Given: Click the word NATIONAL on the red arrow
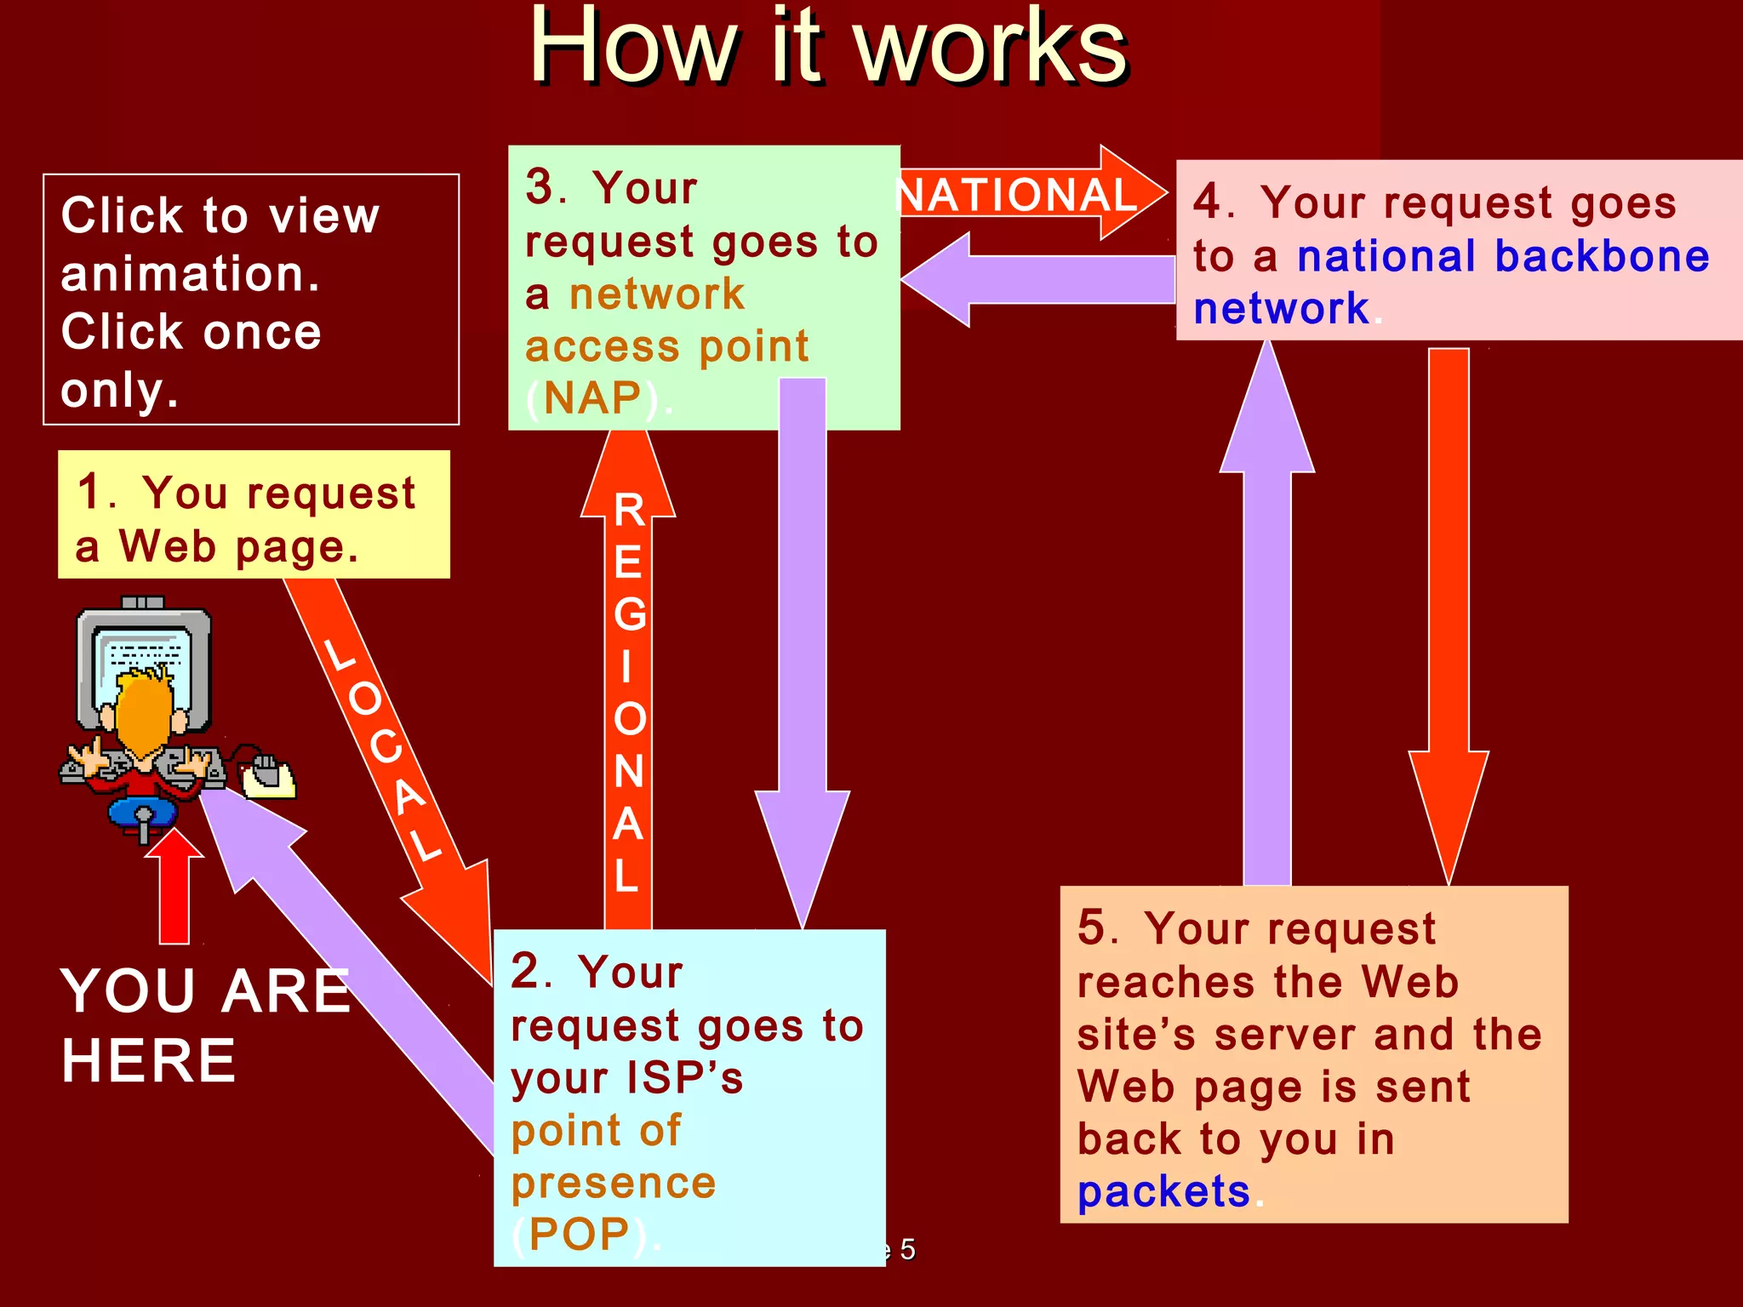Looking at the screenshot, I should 1019,195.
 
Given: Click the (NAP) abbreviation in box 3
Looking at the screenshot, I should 593,398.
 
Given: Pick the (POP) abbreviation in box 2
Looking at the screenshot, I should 580,1234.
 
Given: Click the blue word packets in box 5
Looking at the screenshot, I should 1163,1191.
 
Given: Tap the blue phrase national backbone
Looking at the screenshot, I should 1502,256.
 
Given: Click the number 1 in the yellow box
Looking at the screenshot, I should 90,492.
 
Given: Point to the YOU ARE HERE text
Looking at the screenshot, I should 204,1025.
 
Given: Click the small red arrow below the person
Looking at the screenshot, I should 174,889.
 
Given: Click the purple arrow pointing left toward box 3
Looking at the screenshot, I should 1038,279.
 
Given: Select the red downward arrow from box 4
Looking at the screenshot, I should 1449,613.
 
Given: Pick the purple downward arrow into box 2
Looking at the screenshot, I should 803,647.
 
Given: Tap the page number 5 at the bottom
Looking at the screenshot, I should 907,1249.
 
